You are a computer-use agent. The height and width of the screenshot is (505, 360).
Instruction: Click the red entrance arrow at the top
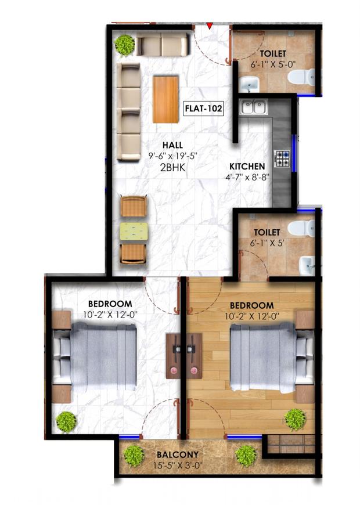pos(209,25)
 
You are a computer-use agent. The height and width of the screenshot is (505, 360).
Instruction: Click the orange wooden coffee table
pos(166,99)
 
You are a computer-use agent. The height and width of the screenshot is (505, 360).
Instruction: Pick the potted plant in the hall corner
pos(124,44)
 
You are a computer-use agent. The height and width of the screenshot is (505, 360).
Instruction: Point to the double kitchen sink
pos(254,107)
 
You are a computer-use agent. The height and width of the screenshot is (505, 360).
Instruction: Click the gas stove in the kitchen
pos(283,158)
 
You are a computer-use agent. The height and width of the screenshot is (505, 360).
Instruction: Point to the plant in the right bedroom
pos(296,419)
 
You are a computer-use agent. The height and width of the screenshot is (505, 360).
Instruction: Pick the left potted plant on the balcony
pos(134,454)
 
